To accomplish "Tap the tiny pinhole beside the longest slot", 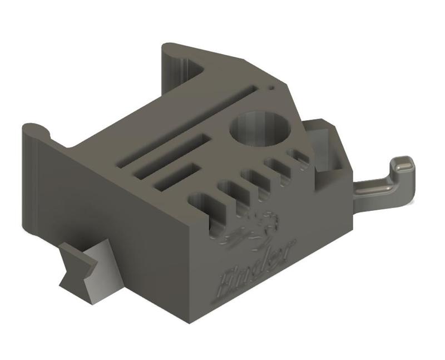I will point(271,87).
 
